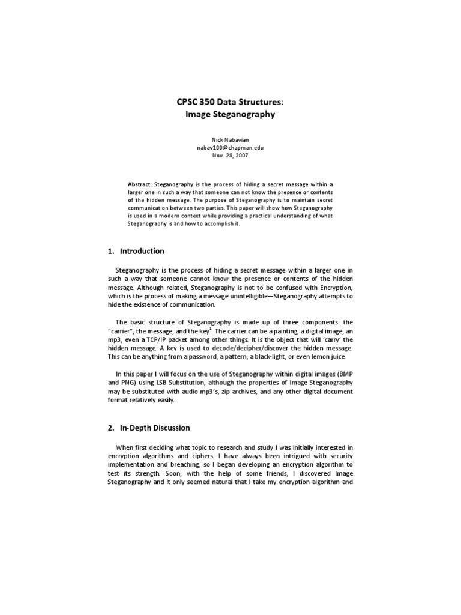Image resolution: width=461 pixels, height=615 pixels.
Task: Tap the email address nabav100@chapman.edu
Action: pyautogui.click(x=230, y=147)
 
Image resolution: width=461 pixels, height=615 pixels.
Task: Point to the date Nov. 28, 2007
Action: pyautogui.click(x=230, y=155)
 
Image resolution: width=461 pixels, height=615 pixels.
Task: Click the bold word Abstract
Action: pyautogui.click(x=140, y=184)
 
